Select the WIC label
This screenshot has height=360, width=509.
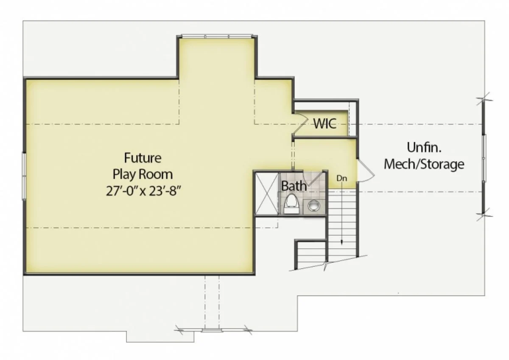tap(325, 124)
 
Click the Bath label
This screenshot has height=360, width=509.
tap(294, 186)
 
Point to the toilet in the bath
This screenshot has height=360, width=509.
tap(291, 204)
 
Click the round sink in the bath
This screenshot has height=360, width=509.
tap(314, 205)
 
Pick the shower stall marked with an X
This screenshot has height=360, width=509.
tap(266, 194)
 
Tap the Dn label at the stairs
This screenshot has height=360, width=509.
tap(342, 179)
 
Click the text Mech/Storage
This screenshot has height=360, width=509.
tap(424, 164)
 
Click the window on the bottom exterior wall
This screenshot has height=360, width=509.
tap(212, 329)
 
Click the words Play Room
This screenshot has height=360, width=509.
tap(143, 174)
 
